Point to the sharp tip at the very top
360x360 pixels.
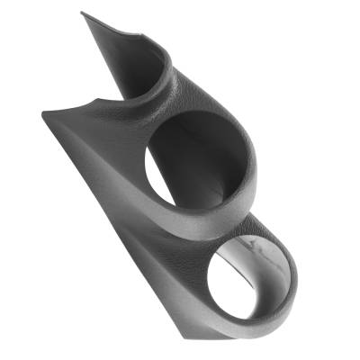(x=82, y=13)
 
